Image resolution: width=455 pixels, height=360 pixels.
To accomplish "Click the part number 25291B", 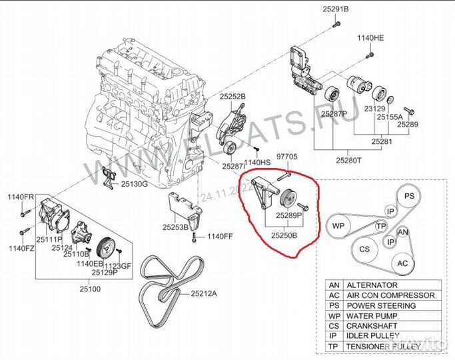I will point(336,9).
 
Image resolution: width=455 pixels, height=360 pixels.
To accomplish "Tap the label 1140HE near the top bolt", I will point(370,38).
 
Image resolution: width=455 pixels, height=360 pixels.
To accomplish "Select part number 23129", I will point(375,108).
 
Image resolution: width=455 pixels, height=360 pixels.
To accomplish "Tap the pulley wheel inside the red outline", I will point(290,199).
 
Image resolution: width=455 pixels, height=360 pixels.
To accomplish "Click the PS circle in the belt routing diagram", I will point(410,197).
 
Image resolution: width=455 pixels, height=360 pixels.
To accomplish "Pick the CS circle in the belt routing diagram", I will point(364,249).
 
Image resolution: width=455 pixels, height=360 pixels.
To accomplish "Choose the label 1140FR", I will point(20,197).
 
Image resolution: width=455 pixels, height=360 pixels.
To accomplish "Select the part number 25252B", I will point(233,97).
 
